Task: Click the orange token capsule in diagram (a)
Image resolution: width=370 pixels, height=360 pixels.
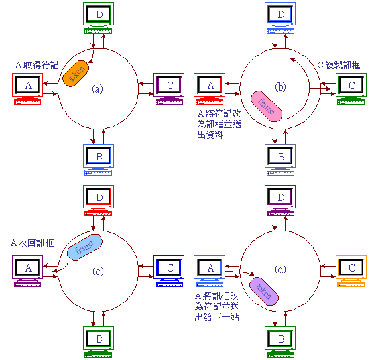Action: coord(76,74)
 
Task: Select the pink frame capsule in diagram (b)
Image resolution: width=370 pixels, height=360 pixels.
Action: coord(266,106)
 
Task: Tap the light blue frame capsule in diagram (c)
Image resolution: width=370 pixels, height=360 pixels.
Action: coord(84,247)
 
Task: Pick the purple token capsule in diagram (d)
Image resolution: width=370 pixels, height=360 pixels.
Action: coord(264,291)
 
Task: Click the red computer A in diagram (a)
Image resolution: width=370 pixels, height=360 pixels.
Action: coord(27,88)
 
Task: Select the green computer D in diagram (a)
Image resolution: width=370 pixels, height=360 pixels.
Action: coord(99,17)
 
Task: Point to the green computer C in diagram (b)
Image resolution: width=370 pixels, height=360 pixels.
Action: coord(351,88)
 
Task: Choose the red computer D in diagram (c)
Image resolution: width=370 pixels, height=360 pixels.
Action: coord(99,200)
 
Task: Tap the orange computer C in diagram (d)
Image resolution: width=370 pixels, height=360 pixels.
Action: coord(351,271)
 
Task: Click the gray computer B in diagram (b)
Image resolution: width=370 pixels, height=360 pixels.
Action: coord(280,160)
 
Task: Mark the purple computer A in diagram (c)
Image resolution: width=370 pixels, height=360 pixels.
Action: coord(27,271)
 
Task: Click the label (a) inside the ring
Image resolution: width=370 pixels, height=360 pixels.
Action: coord(97,88)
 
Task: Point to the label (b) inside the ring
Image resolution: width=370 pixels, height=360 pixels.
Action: coord(280,87)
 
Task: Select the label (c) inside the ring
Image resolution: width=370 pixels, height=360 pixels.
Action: coord(98,272)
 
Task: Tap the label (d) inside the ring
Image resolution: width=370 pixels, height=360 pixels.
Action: coord(280,269)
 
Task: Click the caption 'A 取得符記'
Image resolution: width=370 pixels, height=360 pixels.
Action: coord(37,65)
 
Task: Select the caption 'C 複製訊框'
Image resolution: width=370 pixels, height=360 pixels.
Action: coord(339,65)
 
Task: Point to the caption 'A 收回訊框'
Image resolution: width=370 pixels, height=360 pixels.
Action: coord(33,243)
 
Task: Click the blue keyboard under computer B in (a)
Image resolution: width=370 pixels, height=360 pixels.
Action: coord(98,172)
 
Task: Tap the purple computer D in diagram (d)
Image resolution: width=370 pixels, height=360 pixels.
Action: coord(280,200)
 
